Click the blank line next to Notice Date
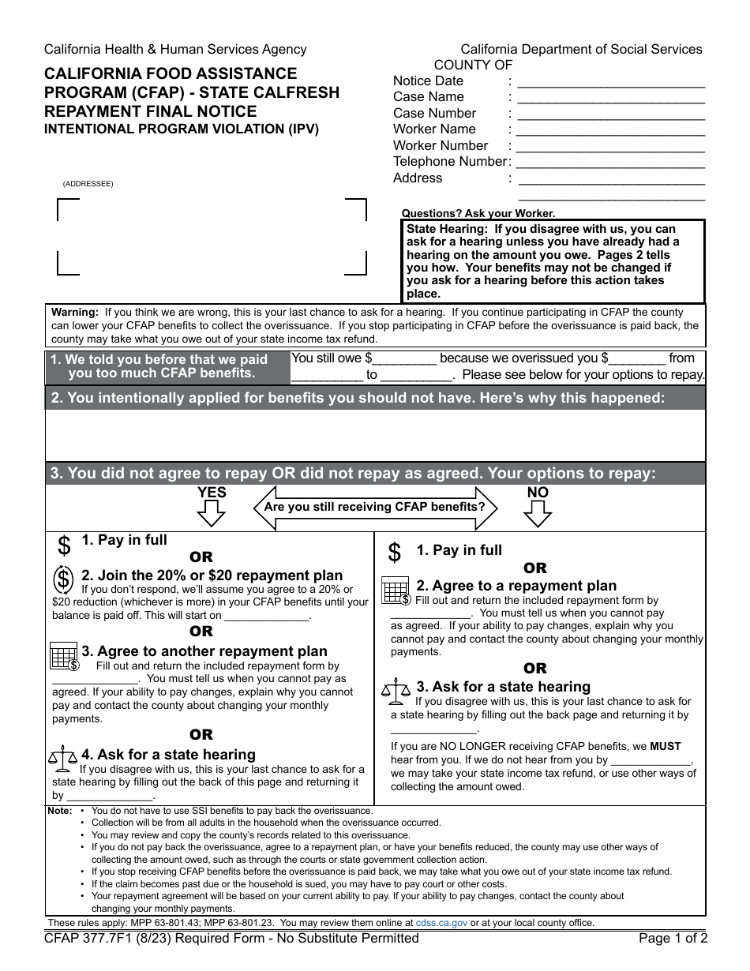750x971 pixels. [609, 82]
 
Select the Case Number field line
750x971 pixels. [609, 114]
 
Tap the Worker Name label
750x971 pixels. [434, 129]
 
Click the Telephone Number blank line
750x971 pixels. [609, 163]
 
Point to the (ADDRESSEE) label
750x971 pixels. [88, 184]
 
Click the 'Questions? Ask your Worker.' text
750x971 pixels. [478, 213]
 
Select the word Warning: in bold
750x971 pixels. [75, 312]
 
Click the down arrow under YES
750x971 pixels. [211, 514]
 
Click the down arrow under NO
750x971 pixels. [537, 514]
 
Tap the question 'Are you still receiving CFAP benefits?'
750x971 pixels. [374, 507]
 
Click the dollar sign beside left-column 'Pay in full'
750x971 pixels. [64, 545]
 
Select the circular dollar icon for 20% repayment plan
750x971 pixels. [64, 580]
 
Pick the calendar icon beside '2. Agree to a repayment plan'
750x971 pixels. [396, 590]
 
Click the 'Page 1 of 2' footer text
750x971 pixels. [673, 939]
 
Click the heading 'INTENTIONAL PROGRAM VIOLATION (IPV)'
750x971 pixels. [182, 129]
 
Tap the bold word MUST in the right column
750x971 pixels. [665, 746]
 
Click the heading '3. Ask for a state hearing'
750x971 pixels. [503, 687]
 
